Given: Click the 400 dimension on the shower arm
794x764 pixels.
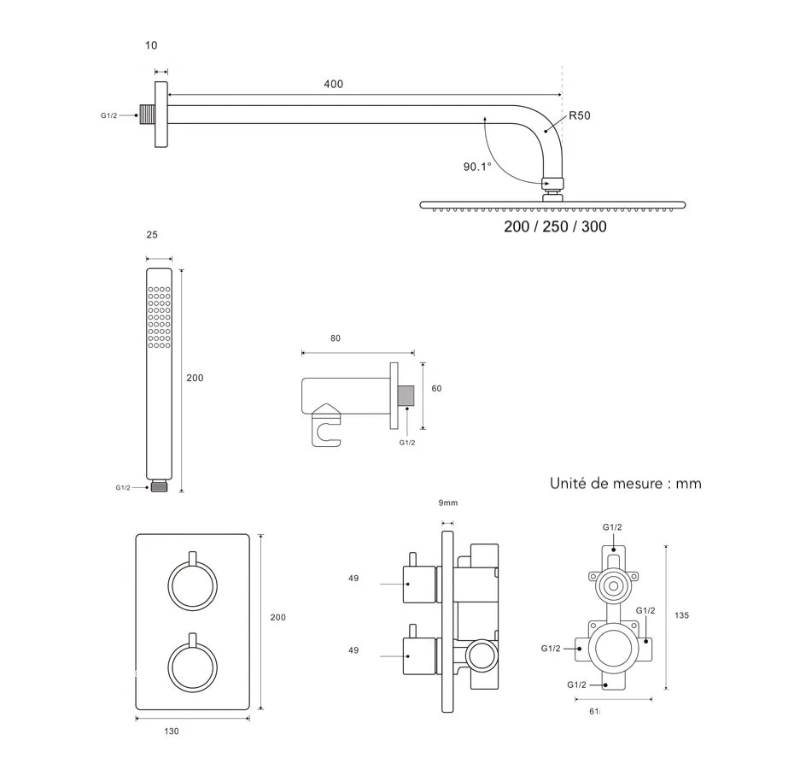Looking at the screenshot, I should point(333,84).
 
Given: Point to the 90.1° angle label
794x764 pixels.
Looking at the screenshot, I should point(477,167).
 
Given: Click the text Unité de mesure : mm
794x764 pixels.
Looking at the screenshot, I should point(626,484).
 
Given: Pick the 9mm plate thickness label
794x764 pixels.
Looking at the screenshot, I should point(448,502).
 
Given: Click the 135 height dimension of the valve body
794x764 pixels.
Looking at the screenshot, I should point(681,615).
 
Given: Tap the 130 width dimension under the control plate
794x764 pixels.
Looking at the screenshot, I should point(171,731).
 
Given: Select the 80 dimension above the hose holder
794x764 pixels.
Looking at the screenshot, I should point(335,338).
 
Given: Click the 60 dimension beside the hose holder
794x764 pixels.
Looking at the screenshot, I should point(436,389).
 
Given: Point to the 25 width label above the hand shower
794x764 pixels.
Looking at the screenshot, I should point(152,234).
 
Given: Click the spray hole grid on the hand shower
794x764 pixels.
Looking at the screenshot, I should point(159,316).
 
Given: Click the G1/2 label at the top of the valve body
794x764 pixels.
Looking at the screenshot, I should point(612,527).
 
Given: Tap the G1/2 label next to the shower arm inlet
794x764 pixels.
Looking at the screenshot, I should point(109,115).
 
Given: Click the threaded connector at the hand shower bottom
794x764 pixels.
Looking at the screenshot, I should point(159,487).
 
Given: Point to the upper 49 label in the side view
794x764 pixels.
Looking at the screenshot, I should point(353,579).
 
